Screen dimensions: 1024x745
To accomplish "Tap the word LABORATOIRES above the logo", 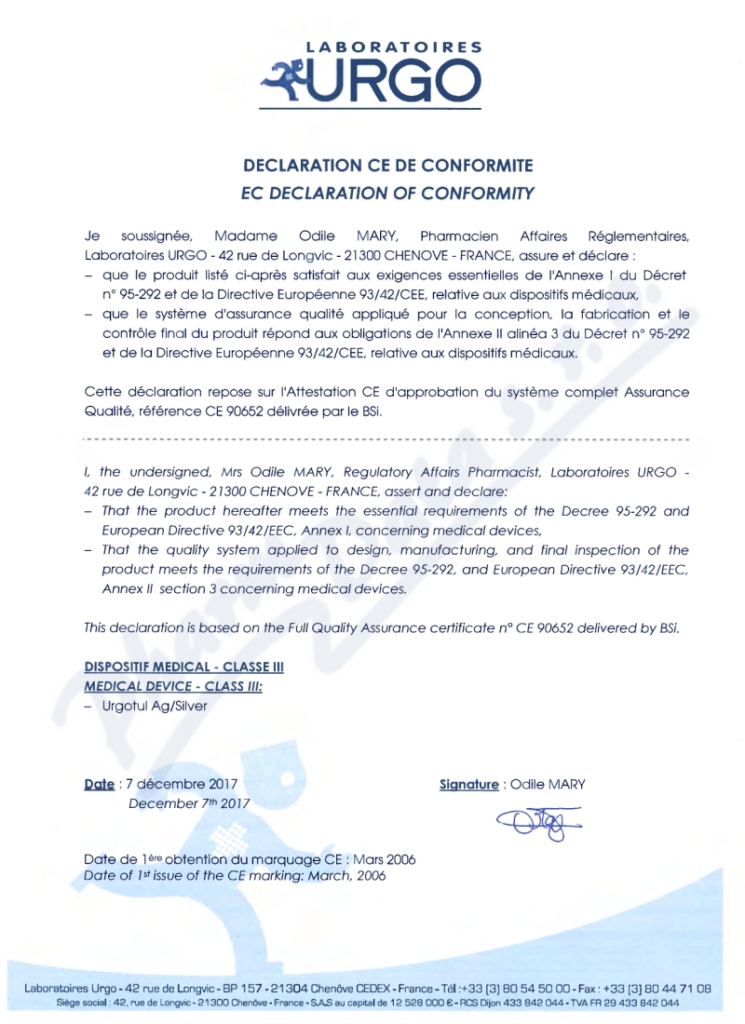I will coord(395,46).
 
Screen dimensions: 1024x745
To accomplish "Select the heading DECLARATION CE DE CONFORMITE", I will coord(387,167).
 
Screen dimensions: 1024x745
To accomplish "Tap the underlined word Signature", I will coord(468,784).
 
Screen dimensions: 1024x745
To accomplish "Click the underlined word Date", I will coord(99,784).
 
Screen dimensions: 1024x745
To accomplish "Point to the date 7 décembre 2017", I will coord(182,784).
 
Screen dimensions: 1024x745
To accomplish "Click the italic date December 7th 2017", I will coord(189,802).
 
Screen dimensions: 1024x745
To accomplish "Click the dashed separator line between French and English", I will coord(387,437).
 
